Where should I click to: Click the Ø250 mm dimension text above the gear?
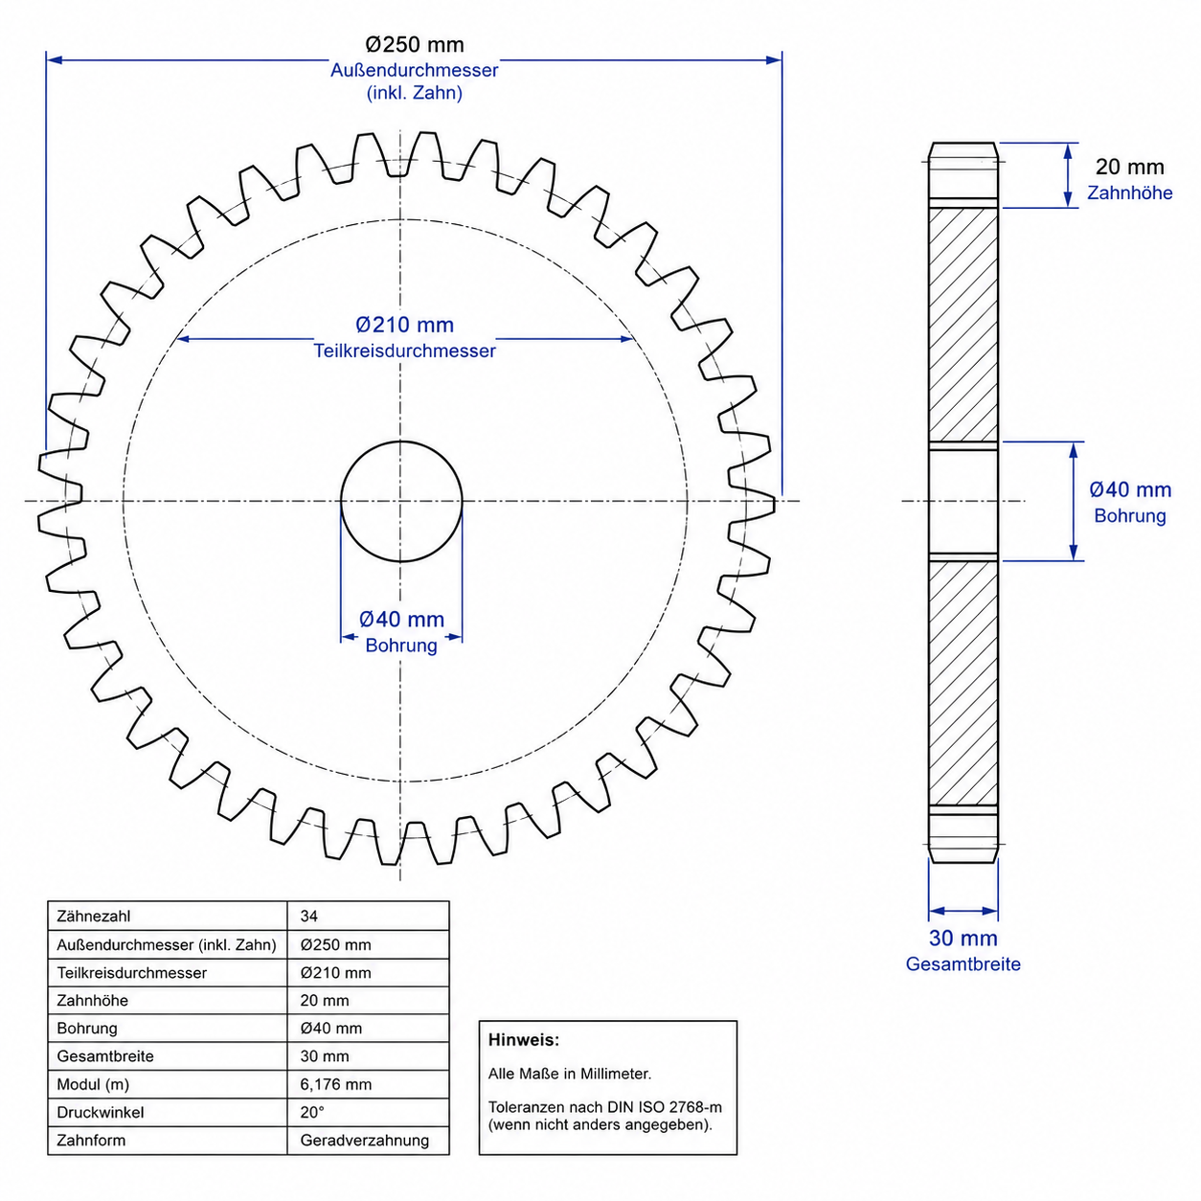(x=415, y=45)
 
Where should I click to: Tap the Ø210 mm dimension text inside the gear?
(x=404, y=325)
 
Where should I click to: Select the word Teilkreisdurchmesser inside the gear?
(x=404, y=351)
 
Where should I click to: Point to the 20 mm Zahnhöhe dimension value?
(x=1129, y=167)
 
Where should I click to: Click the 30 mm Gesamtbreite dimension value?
(x=963, y=938)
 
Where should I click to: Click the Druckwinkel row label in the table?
(x=101, y=1112)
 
